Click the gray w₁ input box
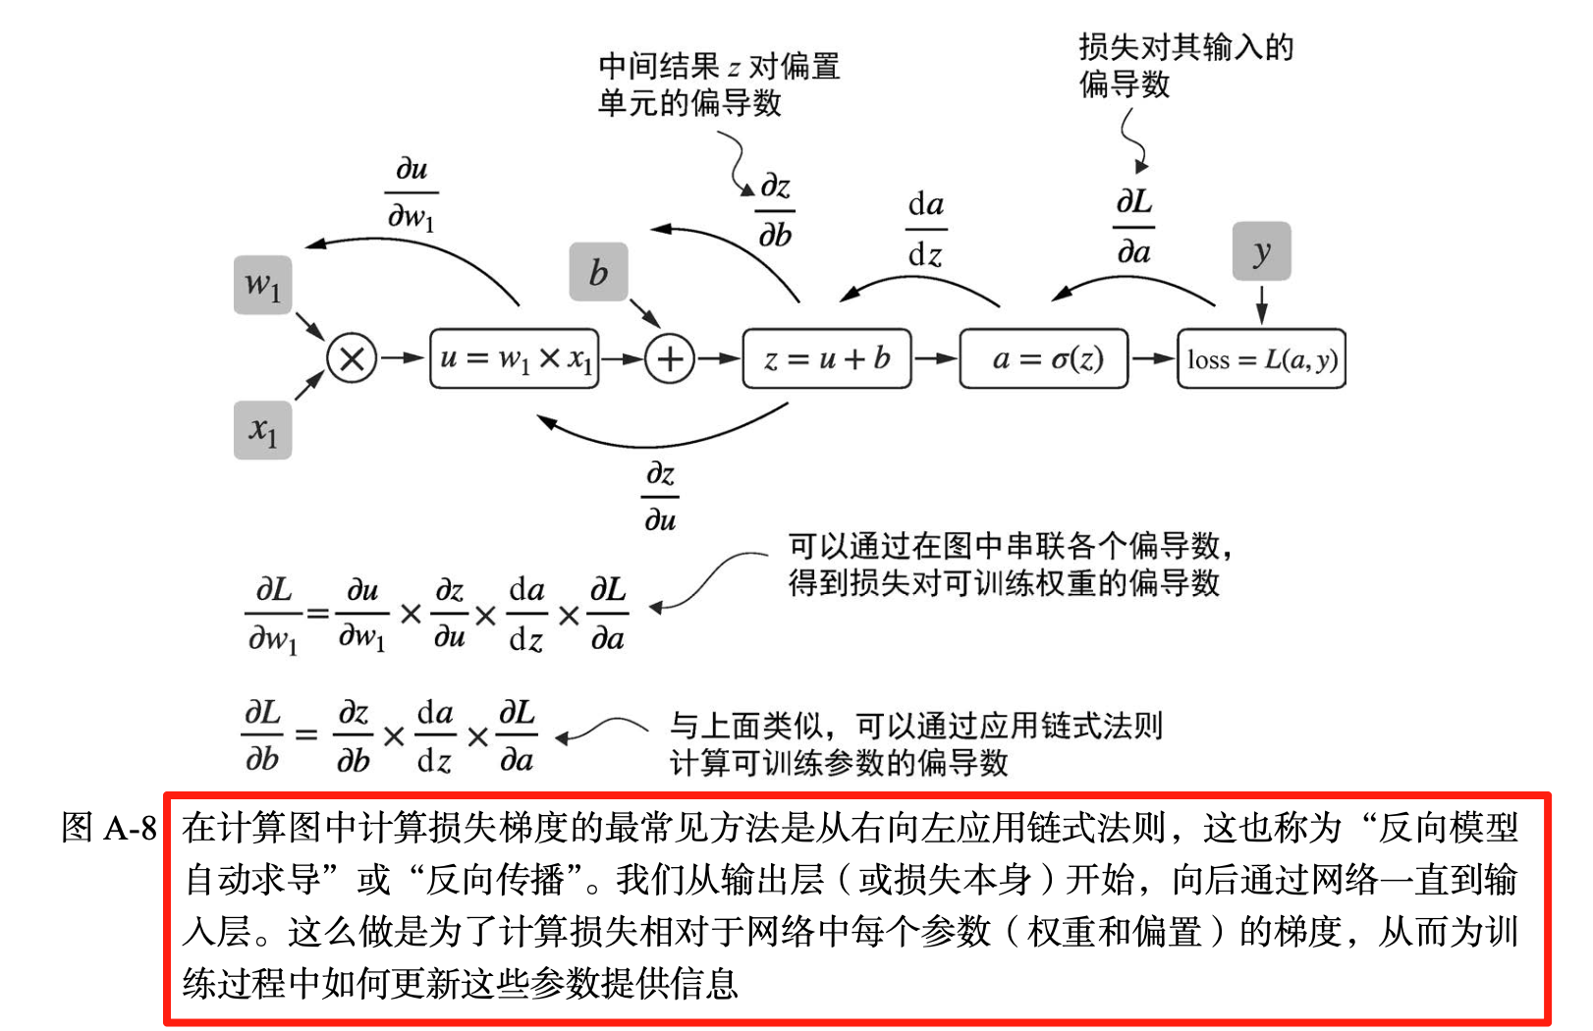262,285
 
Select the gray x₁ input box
262,430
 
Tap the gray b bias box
598,272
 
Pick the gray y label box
1261,251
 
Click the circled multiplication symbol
352,358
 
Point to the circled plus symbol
670,358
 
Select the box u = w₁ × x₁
515,358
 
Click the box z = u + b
827,358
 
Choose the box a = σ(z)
1043,358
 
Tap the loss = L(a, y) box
1261,358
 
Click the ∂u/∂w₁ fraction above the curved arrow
411,193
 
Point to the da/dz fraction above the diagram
925,230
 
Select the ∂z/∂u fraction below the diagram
660,497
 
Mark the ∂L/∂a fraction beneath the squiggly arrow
1133,227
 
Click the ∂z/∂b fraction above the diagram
775,210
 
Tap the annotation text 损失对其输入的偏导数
1184,65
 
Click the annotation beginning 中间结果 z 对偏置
718,84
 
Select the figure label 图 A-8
108,828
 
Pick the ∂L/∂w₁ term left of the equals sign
273,616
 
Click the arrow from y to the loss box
1261,303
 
